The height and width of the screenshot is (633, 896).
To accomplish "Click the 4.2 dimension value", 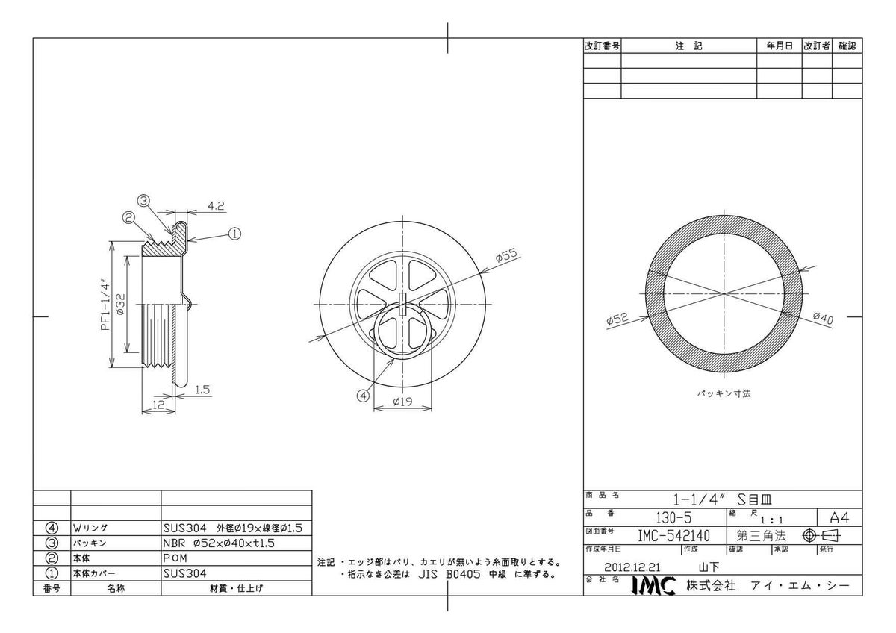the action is click(216, 206).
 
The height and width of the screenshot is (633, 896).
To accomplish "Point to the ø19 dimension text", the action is click(402, 402).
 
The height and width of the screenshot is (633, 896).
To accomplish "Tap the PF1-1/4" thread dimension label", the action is click(105, 305).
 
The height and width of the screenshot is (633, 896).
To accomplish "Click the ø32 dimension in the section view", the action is click(121, 305).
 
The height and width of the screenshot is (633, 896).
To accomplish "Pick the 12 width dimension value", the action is click(158, 405).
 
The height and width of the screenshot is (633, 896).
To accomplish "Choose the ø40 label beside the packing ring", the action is click(823, 318).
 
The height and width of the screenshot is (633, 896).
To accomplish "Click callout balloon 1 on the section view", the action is click(234, 234).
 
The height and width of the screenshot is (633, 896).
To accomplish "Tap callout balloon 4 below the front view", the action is click(363, 396).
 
